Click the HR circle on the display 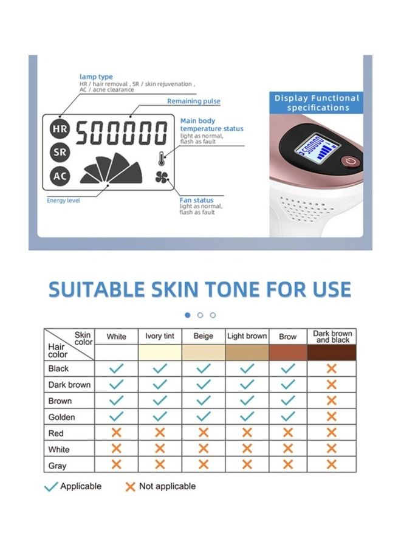60,129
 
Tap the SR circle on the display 60,152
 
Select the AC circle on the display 60,176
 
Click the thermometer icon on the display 162,159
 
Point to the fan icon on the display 162,177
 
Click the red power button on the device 350,161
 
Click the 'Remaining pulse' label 194,101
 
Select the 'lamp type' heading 96,77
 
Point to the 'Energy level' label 63,201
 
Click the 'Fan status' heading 196,200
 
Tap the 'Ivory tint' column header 160,336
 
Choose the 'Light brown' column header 247,336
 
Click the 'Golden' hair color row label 62,417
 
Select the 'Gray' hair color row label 57,466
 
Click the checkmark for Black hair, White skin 117,368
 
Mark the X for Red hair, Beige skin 204,433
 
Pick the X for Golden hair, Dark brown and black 332,416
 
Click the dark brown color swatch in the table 332,353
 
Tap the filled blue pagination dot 188,315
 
